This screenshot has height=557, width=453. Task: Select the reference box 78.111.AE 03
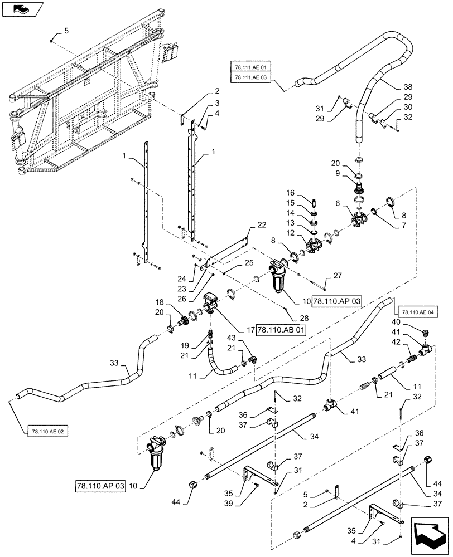click(250, 77)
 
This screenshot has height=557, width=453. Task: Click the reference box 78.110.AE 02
click(46, 432)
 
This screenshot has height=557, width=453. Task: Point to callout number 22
click(262, 224)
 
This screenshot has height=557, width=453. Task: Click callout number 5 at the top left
click(66, 32)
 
